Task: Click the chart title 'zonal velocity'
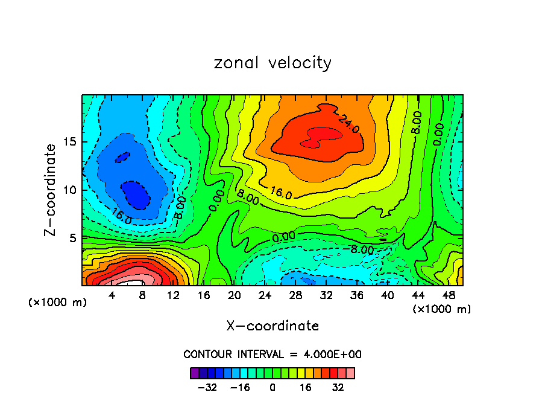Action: pyautogui.click(x=272, y=63)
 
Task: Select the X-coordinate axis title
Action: pyautogui.click(x=272, y=326)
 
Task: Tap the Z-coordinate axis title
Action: pyautogui.click(x=51, y=190)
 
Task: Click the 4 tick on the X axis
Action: pyautogui.click(x=112, y=296)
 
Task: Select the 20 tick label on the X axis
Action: pyautogui.click(x=235, y=296)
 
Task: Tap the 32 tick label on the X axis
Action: pyautogui.click(x=326, y=296)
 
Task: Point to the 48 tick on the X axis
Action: pyautogui.click(x=448, y=296)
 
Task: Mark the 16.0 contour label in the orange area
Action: pyautogui.click(x=281, y=193)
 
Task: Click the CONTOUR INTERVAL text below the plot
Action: pyautogui.click(x=272, y=355)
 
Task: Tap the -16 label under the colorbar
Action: pyautogui.click(x=240, y=388)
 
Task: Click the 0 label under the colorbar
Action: pyautogui.click(x=272, y=388)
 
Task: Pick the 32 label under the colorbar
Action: pyautogui.click(x=338, y=388)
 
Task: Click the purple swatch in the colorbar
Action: pyautogui.click(x=194, y=373)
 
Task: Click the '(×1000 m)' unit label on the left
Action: pyautogui.click(x=58, y=303)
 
